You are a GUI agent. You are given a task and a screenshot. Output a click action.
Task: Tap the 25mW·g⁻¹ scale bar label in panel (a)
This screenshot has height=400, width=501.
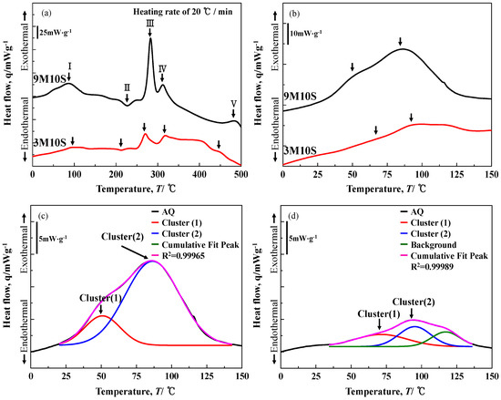tap(58, 32)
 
